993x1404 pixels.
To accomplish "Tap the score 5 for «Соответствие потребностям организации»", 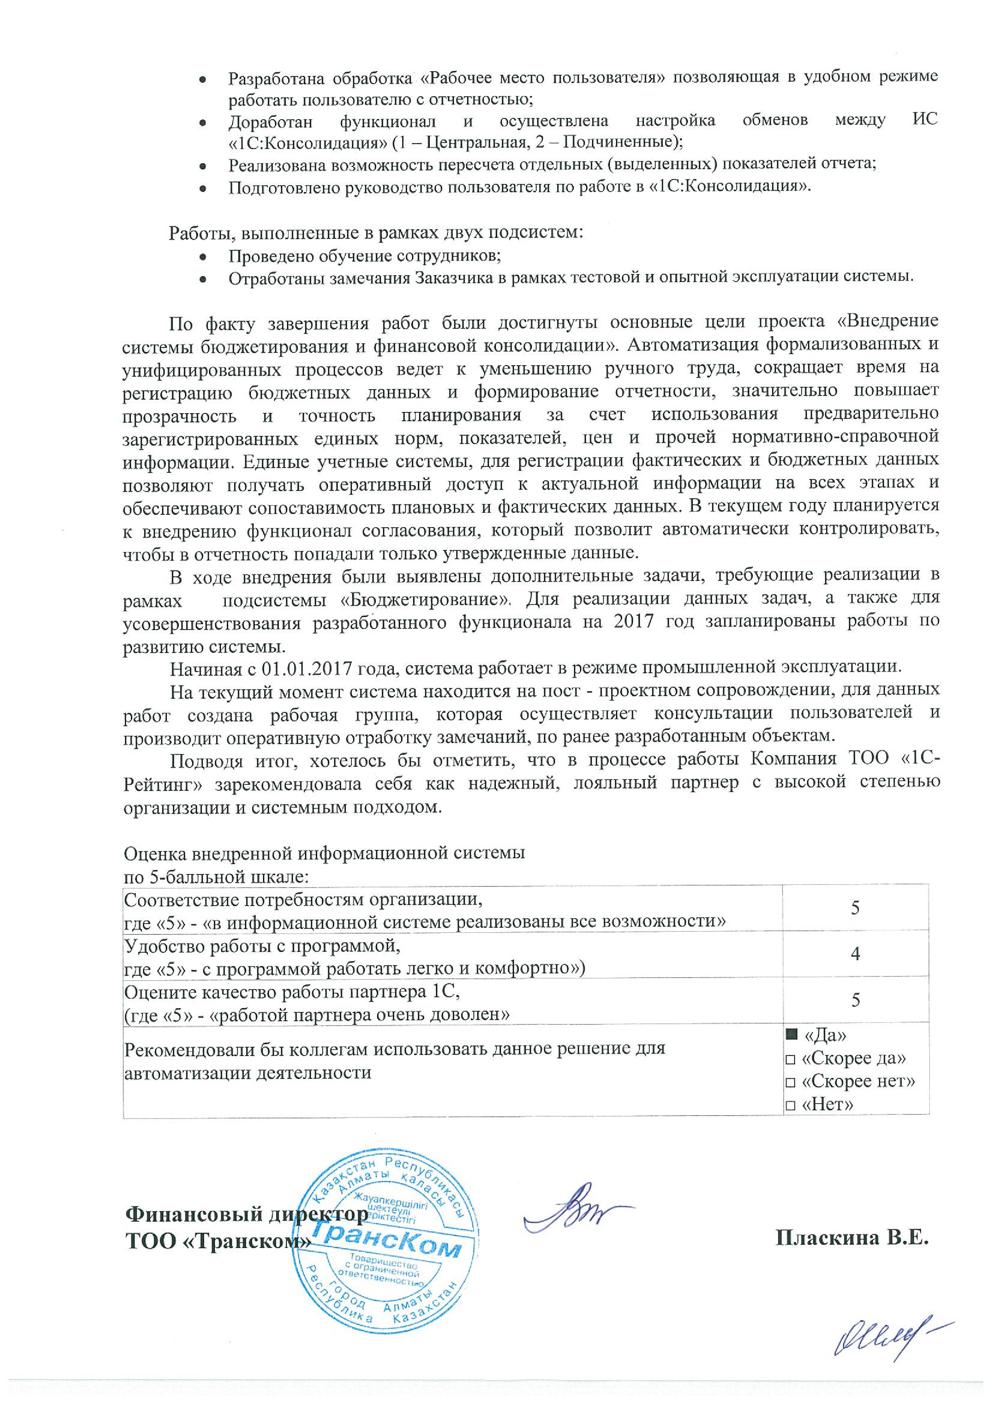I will tap(855, 908).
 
